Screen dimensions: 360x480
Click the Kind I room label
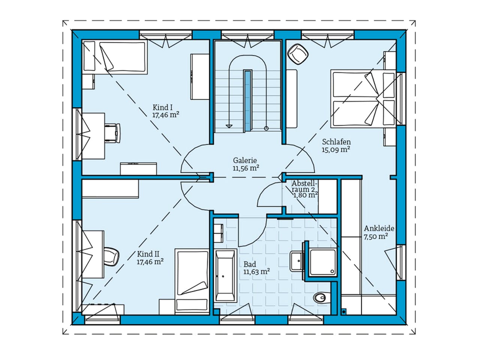(162, 107)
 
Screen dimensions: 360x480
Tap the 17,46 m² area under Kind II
(150, 262)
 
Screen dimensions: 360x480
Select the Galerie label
(246, 160)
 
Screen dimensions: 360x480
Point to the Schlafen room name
(336, 142)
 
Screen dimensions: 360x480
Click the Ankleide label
(379, 228)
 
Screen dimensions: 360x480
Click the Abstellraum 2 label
(304, 186)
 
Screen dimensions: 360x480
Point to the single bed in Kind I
(114, 57)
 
